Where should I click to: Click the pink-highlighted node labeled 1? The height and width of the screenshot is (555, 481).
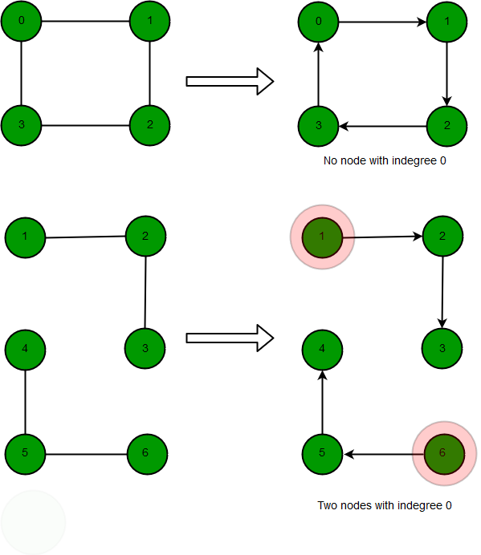point(322,237)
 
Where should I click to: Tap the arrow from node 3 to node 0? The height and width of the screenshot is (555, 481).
point(318,74)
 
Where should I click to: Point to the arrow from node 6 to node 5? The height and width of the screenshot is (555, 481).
point(384,454)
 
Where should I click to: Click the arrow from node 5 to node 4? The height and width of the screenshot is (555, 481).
point(322,402)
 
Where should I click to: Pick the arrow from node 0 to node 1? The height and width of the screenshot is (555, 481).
point(382,22)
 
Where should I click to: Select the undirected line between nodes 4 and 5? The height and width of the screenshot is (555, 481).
point(25,402)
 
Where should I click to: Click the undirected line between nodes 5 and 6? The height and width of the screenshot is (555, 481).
point(86,454)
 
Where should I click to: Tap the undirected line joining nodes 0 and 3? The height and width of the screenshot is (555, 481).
point(21,73)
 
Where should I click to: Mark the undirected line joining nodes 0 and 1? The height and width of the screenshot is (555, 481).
point(85,21)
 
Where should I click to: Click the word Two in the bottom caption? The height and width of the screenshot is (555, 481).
point(326,505)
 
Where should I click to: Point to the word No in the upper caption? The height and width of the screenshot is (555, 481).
point(330,160)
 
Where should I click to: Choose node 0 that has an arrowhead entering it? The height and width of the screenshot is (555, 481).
point(318,22)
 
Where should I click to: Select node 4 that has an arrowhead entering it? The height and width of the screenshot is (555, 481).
point(322,350)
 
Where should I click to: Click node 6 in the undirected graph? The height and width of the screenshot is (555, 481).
point(147,454)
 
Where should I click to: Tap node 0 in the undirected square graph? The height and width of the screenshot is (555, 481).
point(21,21)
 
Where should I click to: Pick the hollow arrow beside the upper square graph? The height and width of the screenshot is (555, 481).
point(230,82)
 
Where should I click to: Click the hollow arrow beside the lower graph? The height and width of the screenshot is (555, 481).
point(230,338)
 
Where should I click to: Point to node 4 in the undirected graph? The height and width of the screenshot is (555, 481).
point(25,350)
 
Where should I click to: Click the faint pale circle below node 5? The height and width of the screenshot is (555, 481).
point(33,522)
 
